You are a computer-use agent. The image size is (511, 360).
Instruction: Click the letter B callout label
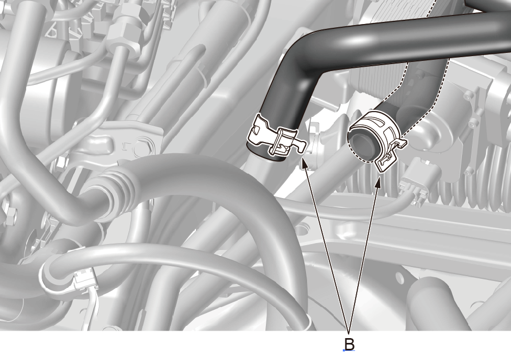(349, 344)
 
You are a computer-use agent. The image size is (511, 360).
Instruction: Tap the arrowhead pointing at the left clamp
(304, 162)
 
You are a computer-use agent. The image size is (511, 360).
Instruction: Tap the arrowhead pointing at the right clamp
(379, 183)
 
